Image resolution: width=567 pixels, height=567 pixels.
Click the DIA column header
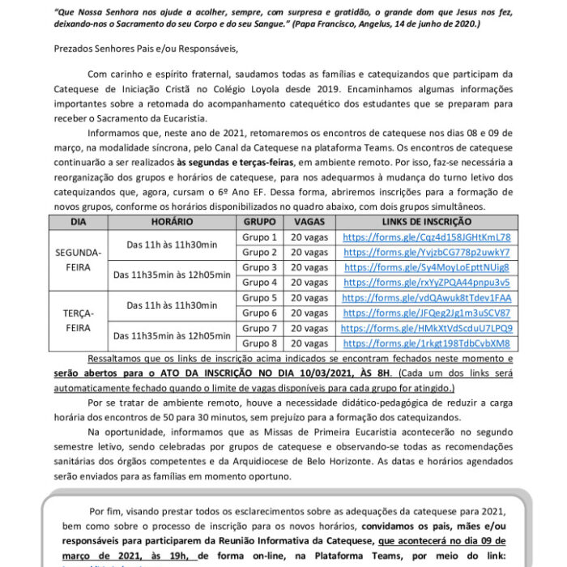(78, 221)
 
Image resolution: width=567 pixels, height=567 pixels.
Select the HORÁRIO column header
(172, 221)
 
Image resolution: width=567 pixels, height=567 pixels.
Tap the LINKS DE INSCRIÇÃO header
(427, 221)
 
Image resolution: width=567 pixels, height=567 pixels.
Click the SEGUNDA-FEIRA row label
(78, 259)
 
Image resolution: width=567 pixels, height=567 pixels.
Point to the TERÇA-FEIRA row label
(78, 320)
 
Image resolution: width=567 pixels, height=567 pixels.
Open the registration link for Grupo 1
(427, 237)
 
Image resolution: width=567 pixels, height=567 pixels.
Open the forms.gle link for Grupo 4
(427, 283)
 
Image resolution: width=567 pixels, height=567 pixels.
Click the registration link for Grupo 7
(427, 328)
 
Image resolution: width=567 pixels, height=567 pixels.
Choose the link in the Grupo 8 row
(427, 343)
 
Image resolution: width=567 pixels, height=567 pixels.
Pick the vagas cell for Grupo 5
(309, 298)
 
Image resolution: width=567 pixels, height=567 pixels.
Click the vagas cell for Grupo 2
(309, 253)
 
